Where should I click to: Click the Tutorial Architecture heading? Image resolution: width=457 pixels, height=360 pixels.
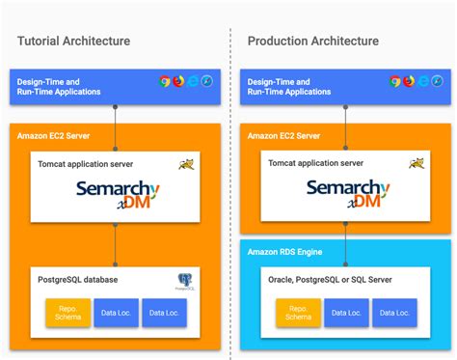(x=73, y=41)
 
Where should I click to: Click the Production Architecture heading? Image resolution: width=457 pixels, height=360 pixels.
(x=312, y=41)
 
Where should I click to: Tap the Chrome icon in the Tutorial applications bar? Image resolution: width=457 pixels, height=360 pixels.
(x=165, y=82)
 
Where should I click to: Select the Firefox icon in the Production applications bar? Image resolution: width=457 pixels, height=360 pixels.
(x=409, y=82)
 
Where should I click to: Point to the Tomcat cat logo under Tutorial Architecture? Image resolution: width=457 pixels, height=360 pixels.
(x=185, y=164)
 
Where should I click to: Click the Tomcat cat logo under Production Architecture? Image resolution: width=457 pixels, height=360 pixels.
(x=416, y=164)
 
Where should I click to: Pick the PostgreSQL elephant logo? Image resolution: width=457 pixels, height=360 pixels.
(x=185, y=282)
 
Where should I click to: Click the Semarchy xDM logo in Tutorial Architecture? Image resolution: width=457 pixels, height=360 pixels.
(x=115, y=193)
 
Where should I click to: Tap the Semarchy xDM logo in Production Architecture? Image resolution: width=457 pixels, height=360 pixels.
(x=347, y=193)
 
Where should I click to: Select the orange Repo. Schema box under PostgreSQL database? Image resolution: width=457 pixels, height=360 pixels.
(x=67, y=313)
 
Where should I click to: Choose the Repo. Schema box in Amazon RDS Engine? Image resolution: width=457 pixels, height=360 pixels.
(x=299, y=313)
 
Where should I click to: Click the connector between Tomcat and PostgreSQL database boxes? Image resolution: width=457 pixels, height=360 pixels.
(x=115, y=245)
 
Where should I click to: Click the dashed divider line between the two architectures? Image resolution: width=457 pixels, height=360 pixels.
(x=230, y=193)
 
